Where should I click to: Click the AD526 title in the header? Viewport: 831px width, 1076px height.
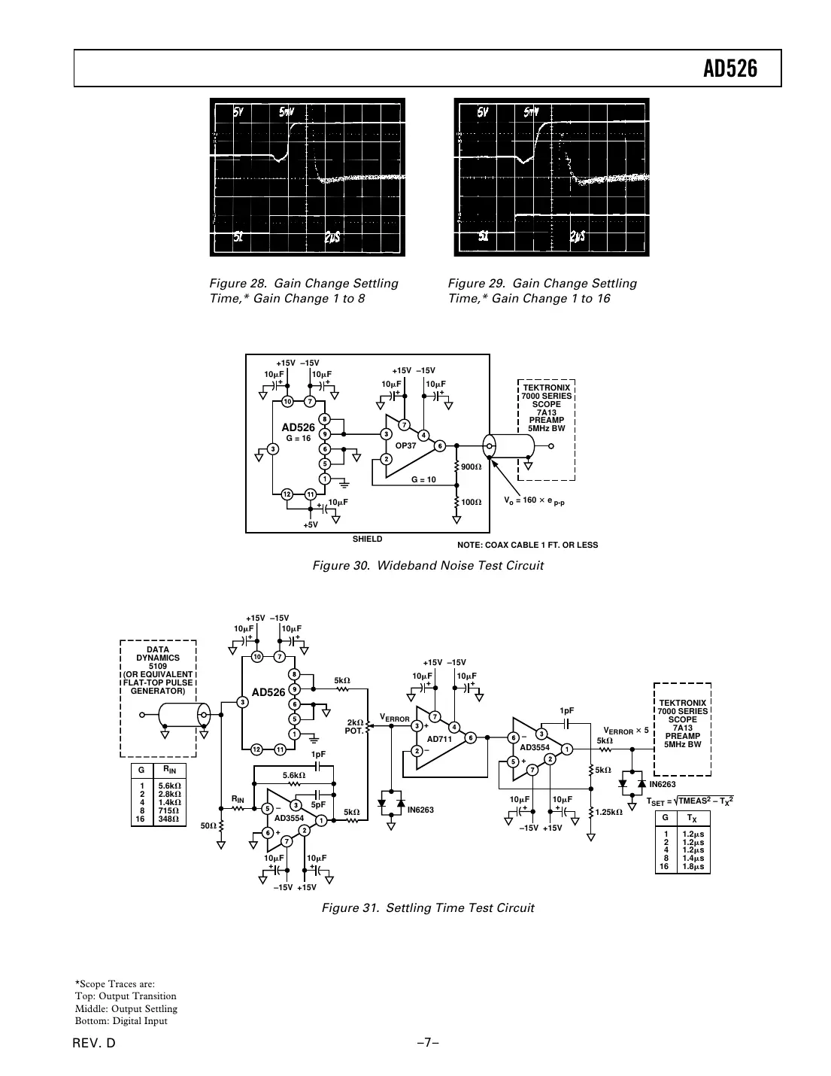pyautogui.click(x=729, y=69)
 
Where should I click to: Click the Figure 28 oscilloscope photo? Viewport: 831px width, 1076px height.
pyautogui.click(x=307, y=177)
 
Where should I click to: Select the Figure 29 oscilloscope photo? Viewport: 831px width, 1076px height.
pyautogui.click(x=551, y=177)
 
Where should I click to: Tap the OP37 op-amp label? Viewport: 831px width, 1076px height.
pyautogui.click(x=405, y=446)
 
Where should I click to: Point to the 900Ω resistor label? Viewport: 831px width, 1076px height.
pyautogui.click(x=472, y=467)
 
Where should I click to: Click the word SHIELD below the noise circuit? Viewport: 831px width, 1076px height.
pyautogui.click(x=367, y=540)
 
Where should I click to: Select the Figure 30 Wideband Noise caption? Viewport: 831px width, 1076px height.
pyautogui.click(x=427, y=565)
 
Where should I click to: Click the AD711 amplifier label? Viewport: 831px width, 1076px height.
pyautogui.click(x=438, y=739)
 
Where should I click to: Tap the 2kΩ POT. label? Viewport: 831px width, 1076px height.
pyautogui.click(x=356, y=726)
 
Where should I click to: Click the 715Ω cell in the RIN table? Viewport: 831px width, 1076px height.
pyautogui.click(x=169, y=810)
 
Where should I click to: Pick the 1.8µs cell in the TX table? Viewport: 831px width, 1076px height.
pyautogui.click(x=692, y=867)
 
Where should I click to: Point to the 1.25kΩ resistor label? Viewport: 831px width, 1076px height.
pyautogui.click(x=608, y=813)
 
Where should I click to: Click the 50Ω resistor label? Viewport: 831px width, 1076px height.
pyautogui.click(x=208, y=825)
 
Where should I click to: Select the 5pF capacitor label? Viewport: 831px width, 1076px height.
pyautogui.click(x=317, y=804)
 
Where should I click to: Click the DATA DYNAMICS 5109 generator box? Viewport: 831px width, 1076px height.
pyautogui.click(x=158, y=670)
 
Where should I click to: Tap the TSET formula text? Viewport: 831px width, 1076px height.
pyautogui.click(x=689, y=801)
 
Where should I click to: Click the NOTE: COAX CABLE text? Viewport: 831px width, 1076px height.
pyautogui.click(x=527, y=545)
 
